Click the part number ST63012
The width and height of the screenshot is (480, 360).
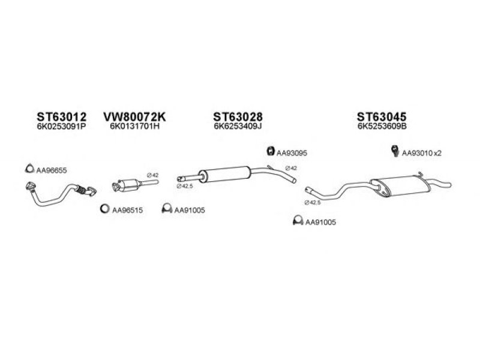tap(62, 116)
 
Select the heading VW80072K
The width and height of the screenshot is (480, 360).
tap(134, 116)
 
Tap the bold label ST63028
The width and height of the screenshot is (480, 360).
tap(238, 116)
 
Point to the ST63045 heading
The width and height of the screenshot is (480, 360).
tap(382, 116)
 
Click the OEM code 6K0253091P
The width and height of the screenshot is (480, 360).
tap(61, 126)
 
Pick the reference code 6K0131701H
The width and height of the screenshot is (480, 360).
tap(134, 126)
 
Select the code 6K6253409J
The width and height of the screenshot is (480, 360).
tap(238, 126)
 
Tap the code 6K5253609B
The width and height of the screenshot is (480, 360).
tap(382, 126)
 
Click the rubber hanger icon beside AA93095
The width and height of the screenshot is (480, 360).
tap(271, 151)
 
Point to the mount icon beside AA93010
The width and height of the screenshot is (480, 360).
tap(395, 151)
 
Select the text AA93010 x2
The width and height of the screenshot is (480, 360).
tap(422, 153)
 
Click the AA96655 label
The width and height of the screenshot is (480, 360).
tap(52, 170)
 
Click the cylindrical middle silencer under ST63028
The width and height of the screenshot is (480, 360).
tap(224, 175)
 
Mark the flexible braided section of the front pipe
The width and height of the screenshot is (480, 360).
tap(80, 190)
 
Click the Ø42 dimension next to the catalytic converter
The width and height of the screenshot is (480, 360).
tap(153, 175)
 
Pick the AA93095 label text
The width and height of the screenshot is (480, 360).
tap(292, 153)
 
